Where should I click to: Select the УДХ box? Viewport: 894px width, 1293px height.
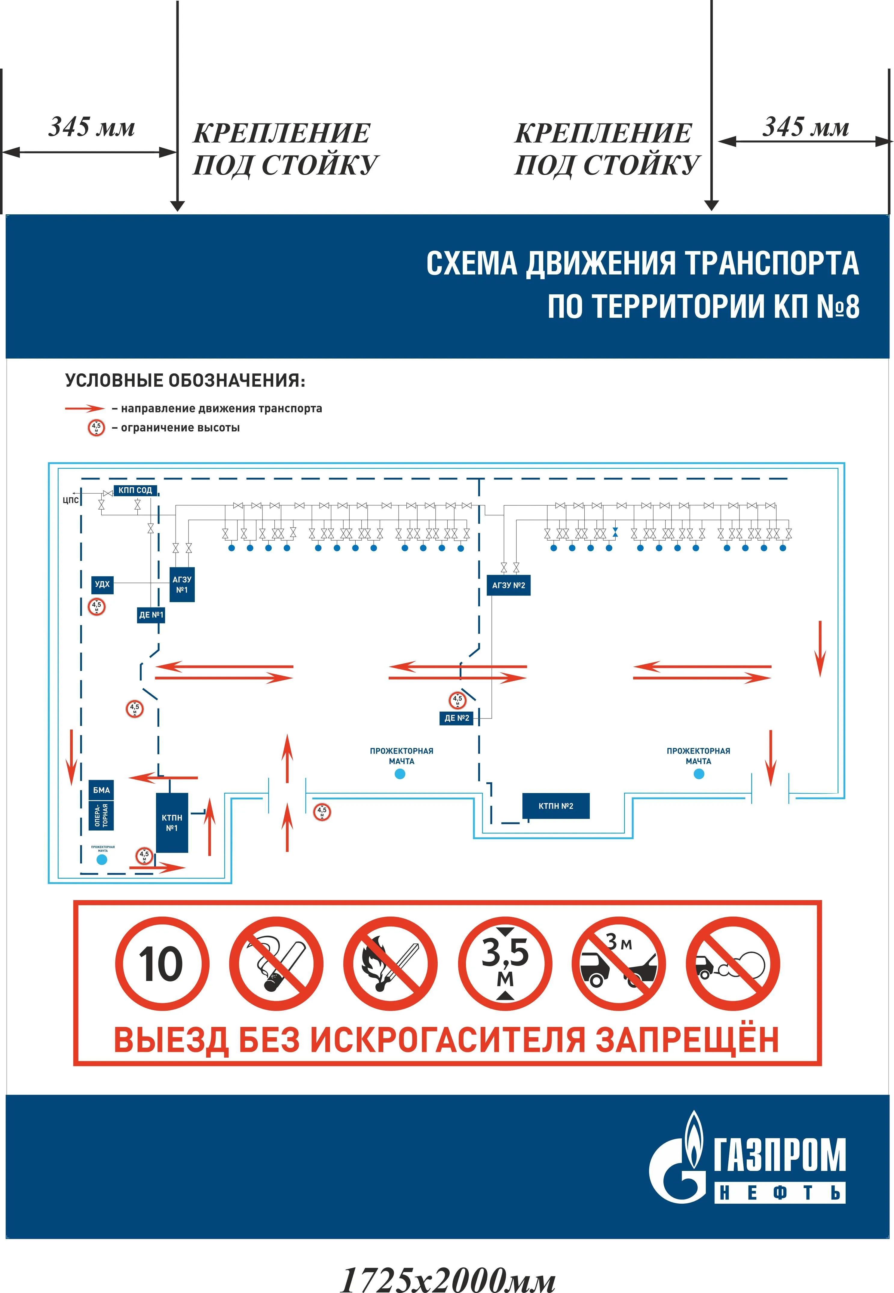103,584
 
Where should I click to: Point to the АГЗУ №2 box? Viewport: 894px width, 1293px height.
508,585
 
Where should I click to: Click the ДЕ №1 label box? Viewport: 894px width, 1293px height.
151,615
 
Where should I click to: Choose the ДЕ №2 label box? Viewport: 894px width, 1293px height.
457,718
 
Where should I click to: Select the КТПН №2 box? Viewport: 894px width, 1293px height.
556,806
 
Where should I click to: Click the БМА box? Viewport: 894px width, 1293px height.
101,790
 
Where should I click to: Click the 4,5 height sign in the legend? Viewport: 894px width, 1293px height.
96,428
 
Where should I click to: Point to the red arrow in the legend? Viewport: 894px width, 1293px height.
84,409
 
